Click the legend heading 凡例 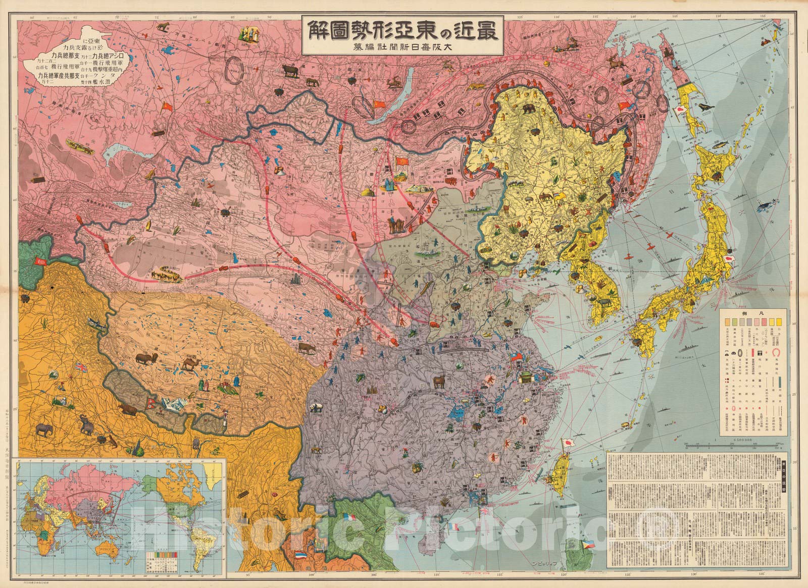752,313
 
